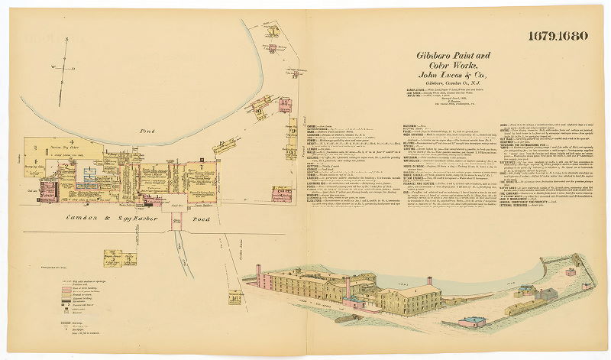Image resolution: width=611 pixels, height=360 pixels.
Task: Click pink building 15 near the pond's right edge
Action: click(x=285, y=105)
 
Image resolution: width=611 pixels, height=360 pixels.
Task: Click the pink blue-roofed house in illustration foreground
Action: click(x=471, y=322)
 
